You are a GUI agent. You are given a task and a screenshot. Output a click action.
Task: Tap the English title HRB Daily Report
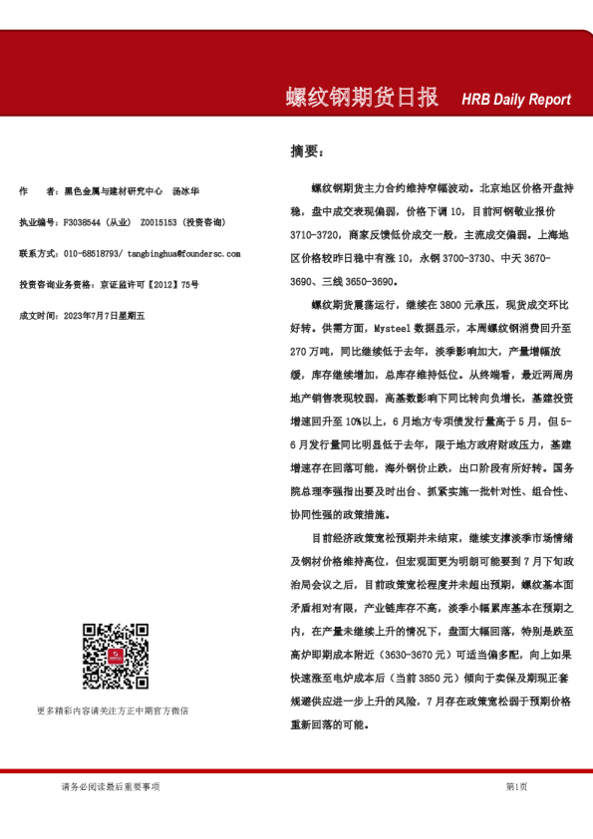(x=515, y=100)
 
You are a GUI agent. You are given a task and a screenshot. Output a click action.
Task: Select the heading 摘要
(x=306, y=150)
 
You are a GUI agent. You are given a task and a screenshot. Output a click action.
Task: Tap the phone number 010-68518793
(x=93, y=253)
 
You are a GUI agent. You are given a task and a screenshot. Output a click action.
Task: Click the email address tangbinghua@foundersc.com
(x=184, y=253)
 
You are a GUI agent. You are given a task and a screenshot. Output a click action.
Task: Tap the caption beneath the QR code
(x=113, y=710)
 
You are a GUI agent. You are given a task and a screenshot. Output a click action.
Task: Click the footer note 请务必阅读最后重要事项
(x=110, y=787)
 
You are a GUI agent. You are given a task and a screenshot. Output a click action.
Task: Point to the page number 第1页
(x=516, y=787)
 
